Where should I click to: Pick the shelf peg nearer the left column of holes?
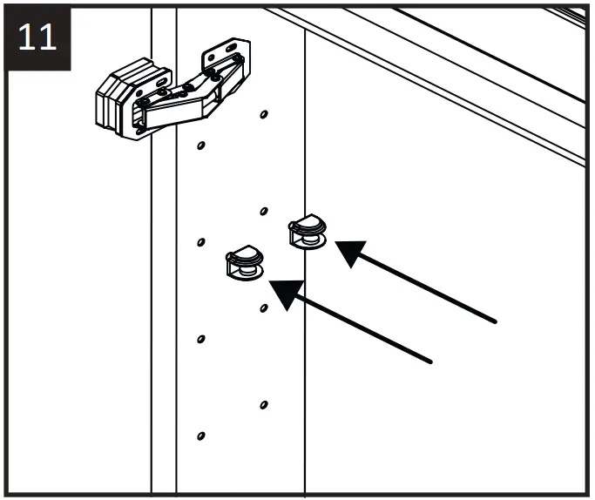[x=245, y=264]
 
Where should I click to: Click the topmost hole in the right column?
[x=263, y=113]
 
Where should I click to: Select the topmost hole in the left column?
[x=201, y=145]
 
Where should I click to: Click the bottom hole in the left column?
[x=201, y=436]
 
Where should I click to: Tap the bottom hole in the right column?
[x=263, y=404]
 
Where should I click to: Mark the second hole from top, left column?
[x=201, y=241]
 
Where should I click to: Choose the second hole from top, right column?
[x=263, y=210]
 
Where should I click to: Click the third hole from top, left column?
[x=201, y=339]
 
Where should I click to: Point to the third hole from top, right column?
[x=263, y=307]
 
